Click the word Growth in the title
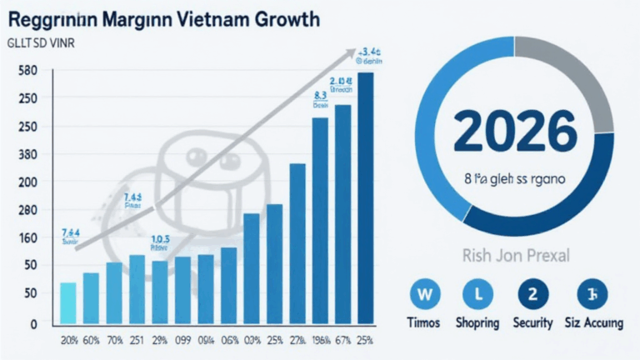[287, 19]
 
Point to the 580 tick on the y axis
[27, 71]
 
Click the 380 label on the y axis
[27, 154]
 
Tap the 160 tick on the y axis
[27, 237]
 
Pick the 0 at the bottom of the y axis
[33, 323]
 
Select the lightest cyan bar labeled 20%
[69, 302]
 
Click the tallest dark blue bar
[365, 197]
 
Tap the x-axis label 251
[136, 340]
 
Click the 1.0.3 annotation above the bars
[159, 239]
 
